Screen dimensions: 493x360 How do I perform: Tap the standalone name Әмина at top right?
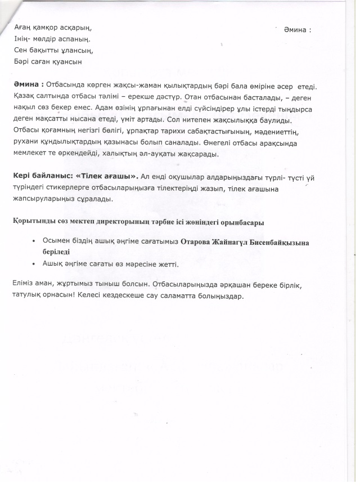pos(298,29)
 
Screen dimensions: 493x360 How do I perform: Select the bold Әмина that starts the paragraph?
pos(26,85)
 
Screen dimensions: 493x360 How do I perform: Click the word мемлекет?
pos(30,153)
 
